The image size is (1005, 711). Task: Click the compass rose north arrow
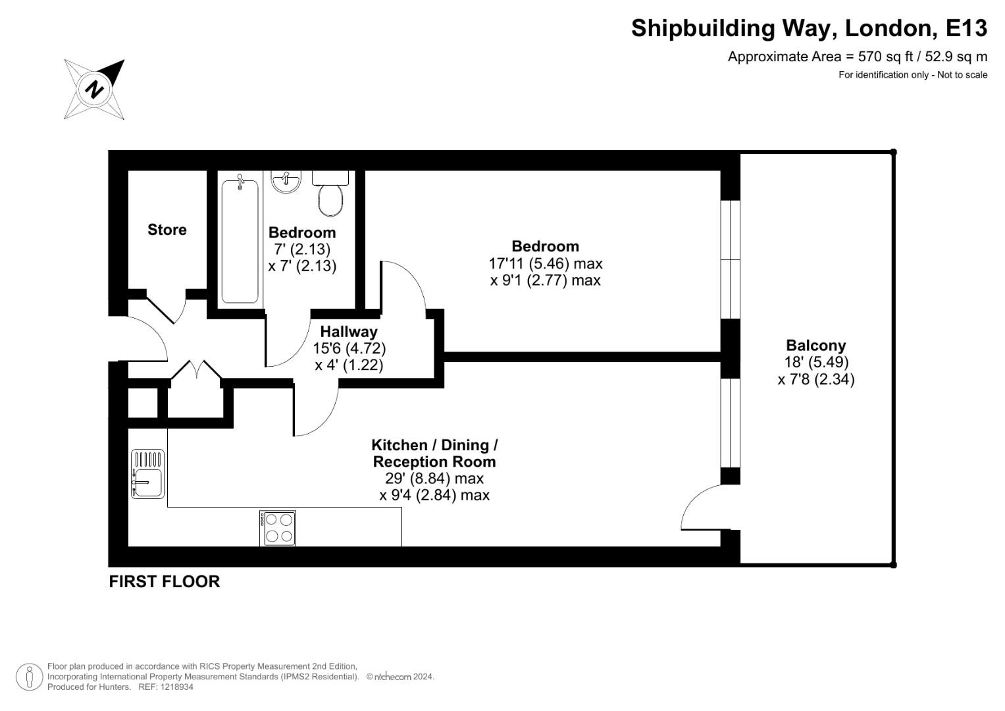click(94, 89)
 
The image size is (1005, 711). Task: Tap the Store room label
click(167, 230)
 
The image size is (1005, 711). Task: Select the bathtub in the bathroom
click(240, 241)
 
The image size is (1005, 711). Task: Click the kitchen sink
click(148, 474)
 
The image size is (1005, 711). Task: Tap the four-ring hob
click(278, 528)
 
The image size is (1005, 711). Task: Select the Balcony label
click(815, 346)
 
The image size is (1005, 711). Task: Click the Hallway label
click(349, 332)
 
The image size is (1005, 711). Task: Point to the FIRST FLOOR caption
click(164, 582)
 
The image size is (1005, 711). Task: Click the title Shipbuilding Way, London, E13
click(809, 28)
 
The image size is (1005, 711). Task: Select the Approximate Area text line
click(857, 57)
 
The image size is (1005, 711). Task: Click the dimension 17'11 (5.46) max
click(545, 263)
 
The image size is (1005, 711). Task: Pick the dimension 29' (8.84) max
click(434, 479)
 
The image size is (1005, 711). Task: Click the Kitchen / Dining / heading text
click(434, 446)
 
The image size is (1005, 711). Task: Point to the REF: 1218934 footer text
click(165, 687)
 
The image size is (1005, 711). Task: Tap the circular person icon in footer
click(29, 677)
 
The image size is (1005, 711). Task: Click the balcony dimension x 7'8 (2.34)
click(815, 379)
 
